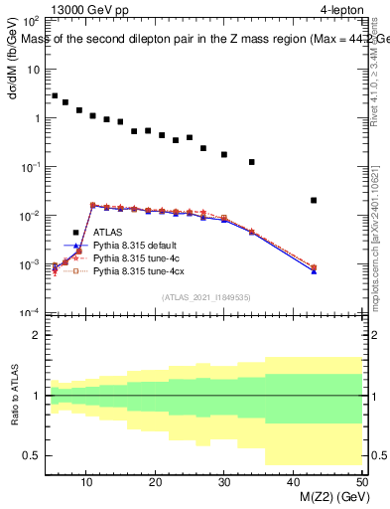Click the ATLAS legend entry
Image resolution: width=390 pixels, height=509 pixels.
pos(107,233)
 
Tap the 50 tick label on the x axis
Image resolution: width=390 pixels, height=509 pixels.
pos(360,483)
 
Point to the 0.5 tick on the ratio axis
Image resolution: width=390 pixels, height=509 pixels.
pos(32,455)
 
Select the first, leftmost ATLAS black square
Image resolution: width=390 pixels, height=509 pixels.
pos(55,95)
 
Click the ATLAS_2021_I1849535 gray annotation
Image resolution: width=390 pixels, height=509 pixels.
pos(202,296)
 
